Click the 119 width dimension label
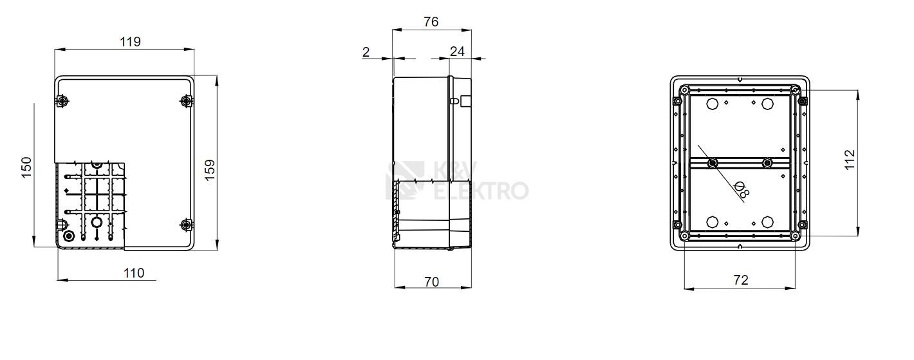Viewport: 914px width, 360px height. tap(130, 42)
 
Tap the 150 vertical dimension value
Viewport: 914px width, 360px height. tap(26, 167)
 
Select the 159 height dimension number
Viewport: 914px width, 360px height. tap(210, 170)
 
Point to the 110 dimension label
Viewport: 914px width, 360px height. tap(134, 272)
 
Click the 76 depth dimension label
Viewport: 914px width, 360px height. tap(431, 22)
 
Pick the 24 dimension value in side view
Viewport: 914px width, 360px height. tap(458, 52)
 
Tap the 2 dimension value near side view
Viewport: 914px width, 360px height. tap(366, 52)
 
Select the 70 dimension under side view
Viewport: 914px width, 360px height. tap(432, 281)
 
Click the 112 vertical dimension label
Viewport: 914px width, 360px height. tap(850, 160)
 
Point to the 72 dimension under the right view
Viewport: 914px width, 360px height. tap(741, 280)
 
